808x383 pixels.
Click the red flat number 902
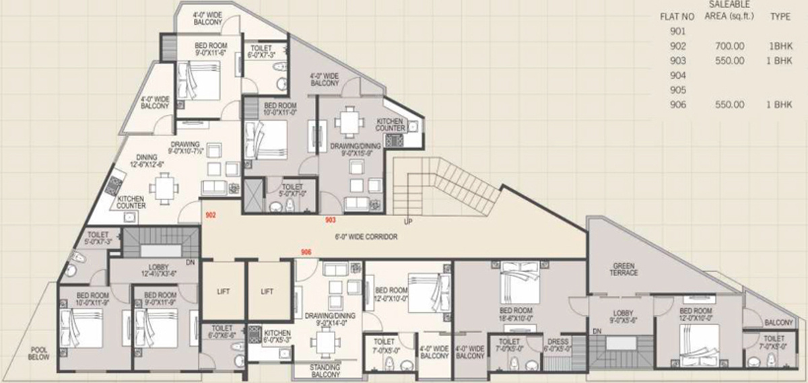pyautogui.click(x=210, y=215)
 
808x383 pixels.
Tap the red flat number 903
pyautogui.click(x=330, y=219)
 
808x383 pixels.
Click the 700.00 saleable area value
pyautogui.click(x=733, y=46)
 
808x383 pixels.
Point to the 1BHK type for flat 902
pyautogui.click(x=780, y=46)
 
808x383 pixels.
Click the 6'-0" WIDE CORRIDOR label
pyautogui.click(x=366, y=237)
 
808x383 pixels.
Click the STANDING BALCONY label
pyautogui.click(x=324, y=370)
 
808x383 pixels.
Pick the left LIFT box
pyautogui.click(x=223, y=291)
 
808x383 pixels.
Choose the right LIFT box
pyautogui.click(x=267, y=291)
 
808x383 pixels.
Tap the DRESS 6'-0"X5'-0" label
pyautogui.click(x=558, y=345)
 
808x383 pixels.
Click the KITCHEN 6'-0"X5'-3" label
pyautogui.click(x=277, y=337)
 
